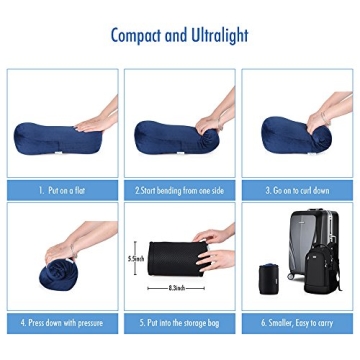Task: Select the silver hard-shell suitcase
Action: (x=305, y=250)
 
